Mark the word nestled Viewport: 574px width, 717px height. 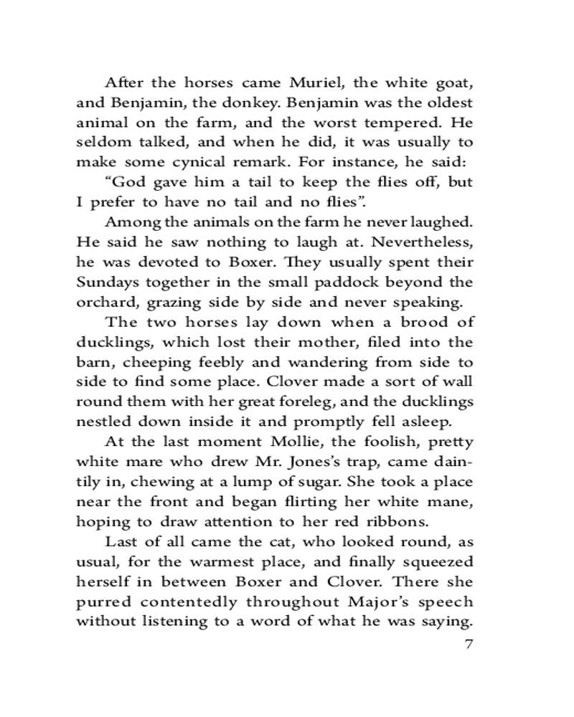click(x=101, y=422)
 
